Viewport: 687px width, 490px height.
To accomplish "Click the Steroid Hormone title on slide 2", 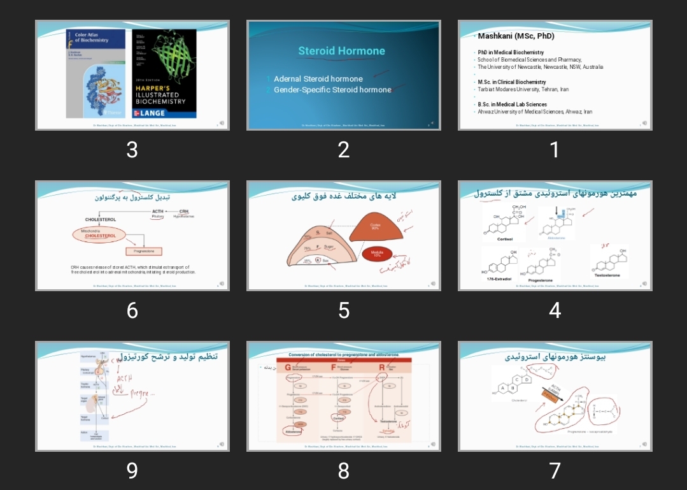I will click(x=342, y=51).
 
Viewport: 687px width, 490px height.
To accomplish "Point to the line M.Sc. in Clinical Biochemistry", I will click(x=512, y=82).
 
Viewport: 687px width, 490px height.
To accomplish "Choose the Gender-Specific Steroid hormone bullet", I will click(x=332, y=90).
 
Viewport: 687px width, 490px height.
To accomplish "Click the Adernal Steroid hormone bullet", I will click(x=318, y=79).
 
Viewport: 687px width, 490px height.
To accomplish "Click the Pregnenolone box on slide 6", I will click(x=144, y=251).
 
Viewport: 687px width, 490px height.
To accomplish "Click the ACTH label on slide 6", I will click(x=158, y=211).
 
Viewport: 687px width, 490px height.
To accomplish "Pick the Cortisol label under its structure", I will click(x=506, y=239).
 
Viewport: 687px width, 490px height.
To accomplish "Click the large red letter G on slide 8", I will click(x=288, y=367).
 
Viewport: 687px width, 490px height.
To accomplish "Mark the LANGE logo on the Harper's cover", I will click(x=149, y=113).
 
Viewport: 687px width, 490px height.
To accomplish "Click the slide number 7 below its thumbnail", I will click(x=555, y=471).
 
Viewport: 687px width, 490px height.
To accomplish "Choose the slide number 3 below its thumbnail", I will click(x=132, y=150).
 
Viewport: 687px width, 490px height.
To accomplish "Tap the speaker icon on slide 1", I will click(x=644, y=123).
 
